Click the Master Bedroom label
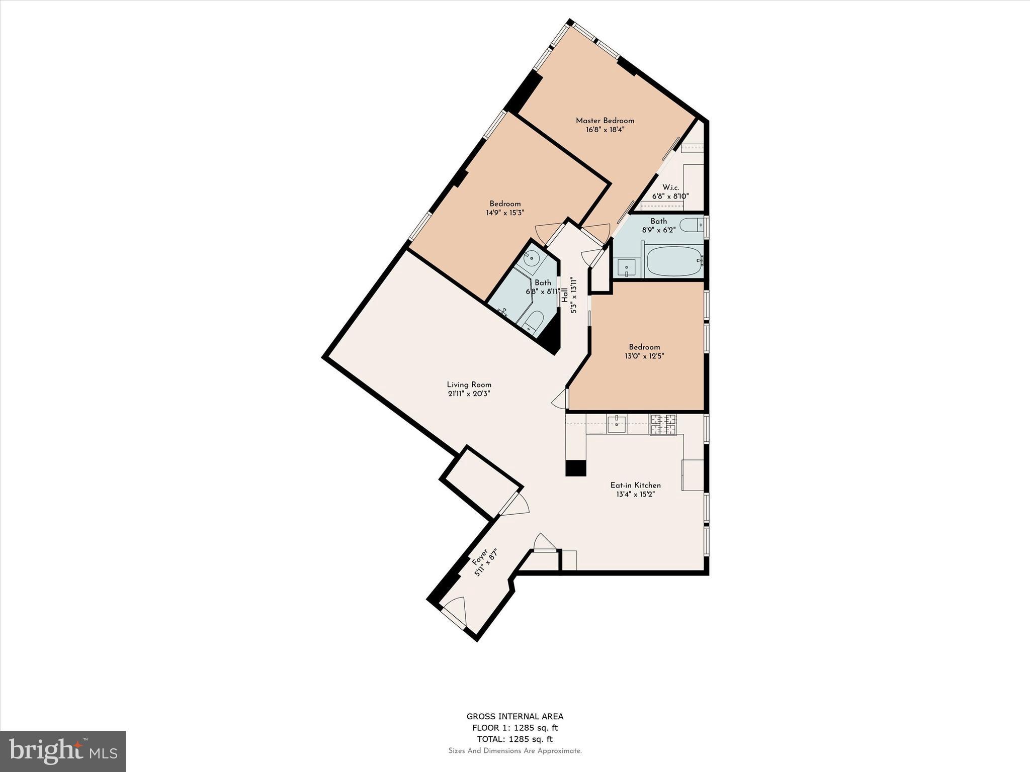[605, 121]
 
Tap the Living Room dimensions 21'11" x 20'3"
[469, 394]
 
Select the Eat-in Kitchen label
[635, 485]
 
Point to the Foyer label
[479, 557]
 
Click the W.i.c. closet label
[670, 187]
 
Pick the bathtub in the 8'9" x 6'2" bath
[674, 260]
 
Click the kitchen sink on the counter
[616, 424]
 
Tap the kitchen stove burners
[663, 425]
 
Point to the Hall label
[565, 295]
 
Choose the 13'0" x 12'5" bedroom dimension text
[644, 356]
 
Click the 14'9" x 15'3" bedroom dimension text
[505, 213]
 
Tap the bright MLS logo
[63, 751]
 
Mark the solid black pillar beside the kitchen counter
[576, 467]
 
